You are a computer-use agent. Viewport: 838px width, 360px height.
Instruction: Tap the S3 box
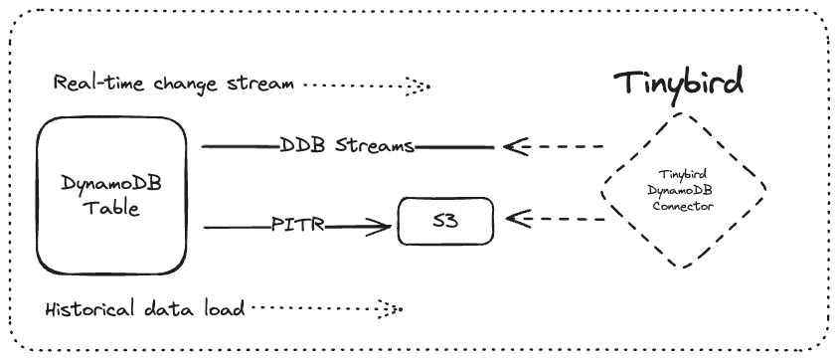point(445,222)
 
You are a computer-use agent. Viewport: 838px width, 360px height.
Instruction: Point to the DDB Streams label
point(347,146)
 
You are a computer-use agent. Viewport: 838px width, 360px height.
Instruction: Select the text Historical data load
point(144,309)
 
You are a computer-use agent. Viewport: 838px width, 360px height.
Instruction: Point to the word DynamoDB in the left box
point(111,186)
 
